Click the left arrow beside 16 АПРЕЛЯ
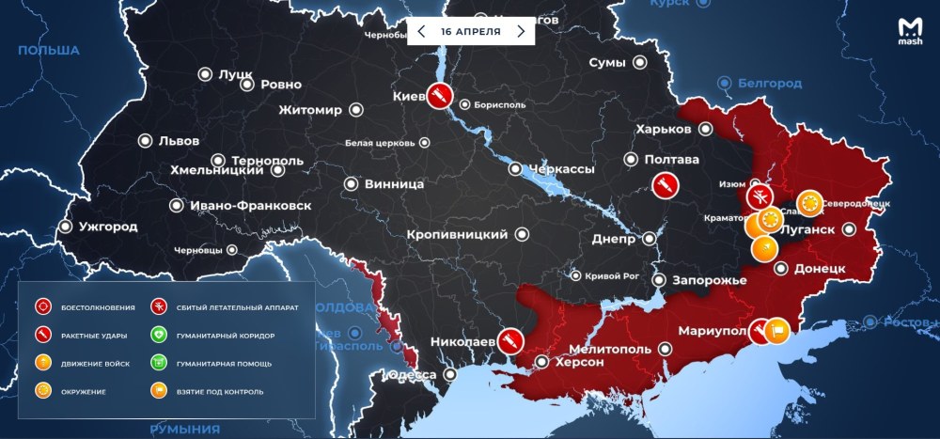(x=421, y=31)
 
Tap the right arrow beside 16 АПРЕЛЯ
(x=521, y=31)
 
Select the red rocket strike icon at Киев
(x=439, y=95)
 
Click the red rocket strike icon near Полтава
(x=664, y=184)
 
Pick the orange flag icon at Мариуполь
(x=777, y=329)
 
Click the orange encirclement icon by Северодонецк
(x=808, y=202)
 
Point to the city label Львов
(x=179, y=141)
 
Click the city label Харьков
(x=663, y=129)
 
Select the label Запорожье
(x=711, y=280)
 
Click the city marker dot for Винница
(x=352, y=184)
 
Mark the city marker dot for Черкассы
(x=516, y=169)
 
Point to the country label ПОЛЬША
(x=48, y=51)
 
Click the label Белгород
(x=770, y=84)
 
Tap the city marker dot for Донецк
(x=780, y=268)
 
